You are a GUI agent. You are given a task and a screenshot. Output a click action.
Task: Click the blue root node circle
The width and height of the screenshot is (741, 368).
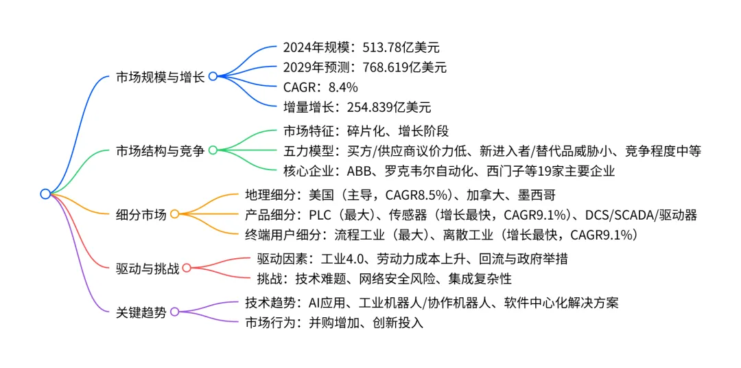pyautogui.click(x=45, y=194)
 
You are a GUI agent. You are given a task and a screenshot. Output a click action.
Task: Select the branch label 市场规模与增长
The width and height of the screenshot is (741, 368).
pyautogui.click(x=160, y=76)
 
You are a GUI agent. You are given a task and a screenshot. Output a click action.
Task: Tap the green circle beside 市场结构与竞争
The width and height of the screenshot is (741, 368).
pyautogui.click(x=213, y=150)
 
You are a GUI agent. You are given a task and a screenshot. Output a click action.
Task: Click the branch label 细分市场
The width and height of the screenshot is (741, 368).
pyautogui.click(x=141, y=214)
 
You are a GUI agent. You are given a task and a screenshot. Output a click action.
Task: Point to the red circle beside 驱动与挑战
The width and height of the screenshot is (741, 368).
pyautogui.click(x=186, y=268)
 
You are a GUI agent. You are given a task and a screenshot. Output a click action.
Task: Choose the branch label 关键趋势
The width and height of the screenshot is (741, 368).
pyautogui.click(x=141, y=312)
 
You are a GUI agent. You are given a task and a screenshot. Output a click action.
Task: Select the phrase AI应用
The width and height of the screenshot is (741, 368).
pyautogui.click(x=327, y=302)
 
